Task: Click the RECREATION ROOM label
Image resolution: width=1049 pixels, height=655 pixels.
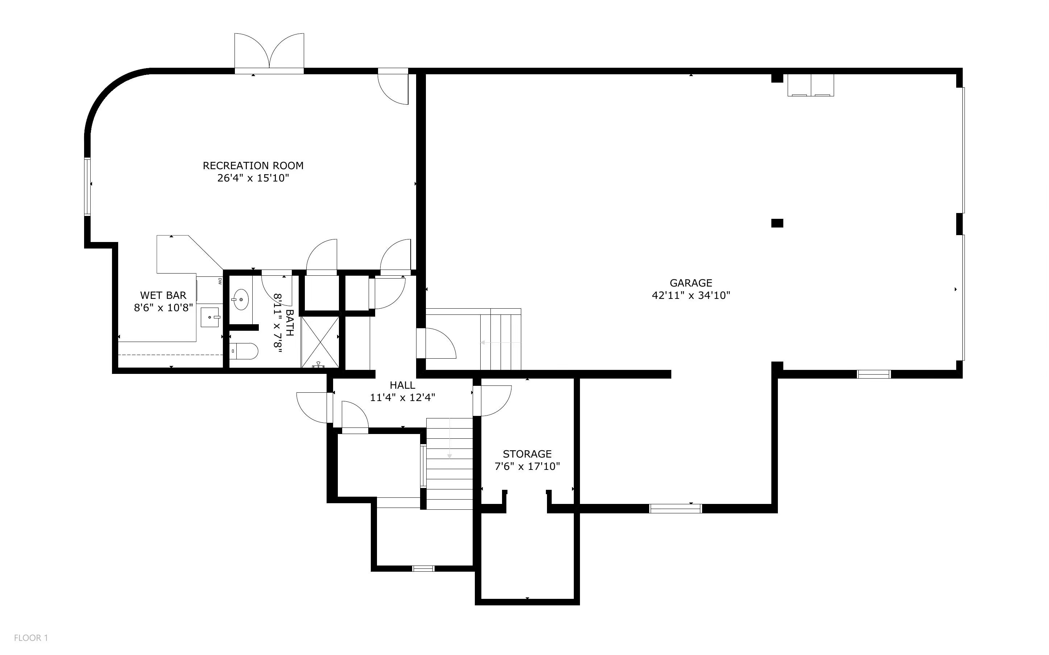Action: coord(253,166)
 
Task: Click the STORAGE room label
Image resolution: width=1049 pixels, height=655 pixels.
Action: coord(527,454)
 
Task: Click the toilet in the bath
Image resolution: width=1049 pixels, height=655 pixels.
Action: coord(244,351)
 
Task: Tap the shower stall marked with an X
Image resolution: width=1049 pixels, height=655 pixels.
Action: coord(320,342)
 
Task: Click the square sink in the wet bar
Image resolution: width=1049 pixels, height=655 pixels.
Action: coord(210,317)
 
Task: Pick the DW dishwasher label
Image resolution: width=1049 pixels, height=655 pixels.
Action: coord(220,281)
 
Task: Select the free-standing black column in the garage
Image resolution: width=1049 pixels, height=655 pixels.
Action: coord(777,223)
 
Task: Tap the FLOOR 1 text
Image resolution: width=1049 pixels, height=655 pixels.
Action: coord(31,638)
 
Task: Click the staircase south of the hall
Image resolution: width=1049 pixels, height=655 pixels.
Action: coord(449,463)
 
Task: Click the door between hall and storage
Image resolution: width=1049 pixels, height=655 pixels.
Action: coord(492,401)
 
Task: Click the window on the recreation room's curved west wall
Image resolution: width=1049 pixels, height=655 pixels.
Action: coord(87,186)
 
